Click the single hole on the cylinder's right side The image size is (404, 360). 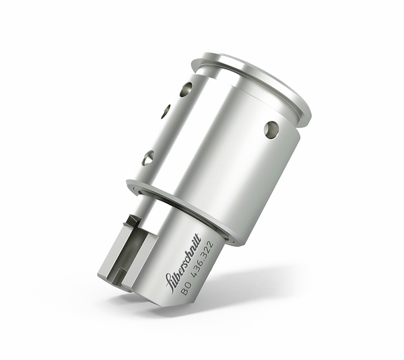coord(271,129)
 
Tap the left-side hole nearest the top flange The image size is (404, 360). coord(185,89)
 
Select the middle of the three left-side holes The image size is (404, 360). coord(166,112)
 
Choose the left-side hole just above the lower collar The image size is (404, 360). coord(148,157)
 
